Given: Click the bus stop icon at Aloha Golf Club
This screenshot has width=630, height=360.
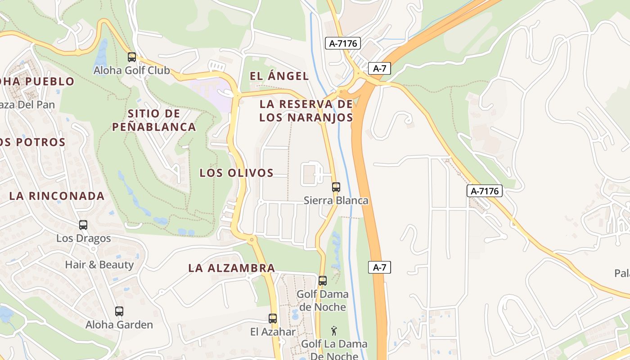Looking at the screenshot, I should coord(132,57).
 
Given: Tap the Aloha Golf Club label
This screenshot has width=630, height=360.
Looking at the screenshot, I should coord(131,71).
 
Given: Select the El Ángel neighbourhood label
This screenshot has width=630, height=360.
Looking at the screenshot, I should coord(279,76).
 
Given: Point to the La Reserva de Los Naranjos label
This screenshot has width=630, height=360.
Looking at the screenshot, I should coord(306,111).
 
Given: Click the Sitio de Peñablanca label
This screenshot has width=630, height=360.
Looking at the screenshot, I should coord(154,120).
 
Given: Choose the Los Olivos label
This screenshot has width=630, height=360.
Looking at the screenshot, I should coord(237,173).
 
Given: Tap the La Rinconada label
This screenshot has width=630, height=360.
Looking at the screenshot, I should coord(57,196).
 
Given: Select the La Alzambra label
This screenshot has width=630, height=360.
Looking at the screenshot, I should coord(232,268).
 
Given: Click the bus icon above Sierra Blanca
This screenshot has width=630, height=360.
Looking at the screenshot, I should coord(336,187).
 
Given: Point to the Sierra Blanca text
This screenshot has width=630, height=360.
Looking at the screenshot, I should coord(336,201).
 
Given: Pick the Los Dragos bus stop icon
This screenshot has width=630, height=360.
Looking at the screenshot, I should coord(83,225).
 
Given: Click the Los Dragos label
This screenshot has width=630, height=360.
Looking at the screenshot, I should coord(83,238).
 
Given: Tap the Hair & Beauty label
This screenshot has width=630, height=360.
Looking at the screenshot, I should coord(99,265).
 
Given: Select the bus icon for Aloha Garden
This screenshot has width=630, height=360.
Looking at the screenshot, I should coord(119,311).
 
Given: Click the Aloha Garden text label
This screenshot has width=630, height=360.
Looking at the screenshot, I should coord(119,324).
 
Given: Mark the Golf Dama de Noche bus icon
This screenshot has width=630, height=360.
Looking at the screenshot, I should coord(323,281).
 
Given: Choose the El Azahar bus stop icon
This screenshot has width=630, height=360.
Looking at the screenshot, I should coord(273,319).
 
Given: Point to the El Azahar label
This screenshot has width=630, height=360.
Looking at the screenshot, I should coord(273,332).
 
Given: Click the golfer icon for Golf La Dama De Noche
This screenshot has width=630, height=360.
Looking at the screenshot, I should coord(334,332).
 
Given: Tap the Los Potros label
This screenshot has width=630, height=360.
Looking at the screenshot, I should coord(32,142).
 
